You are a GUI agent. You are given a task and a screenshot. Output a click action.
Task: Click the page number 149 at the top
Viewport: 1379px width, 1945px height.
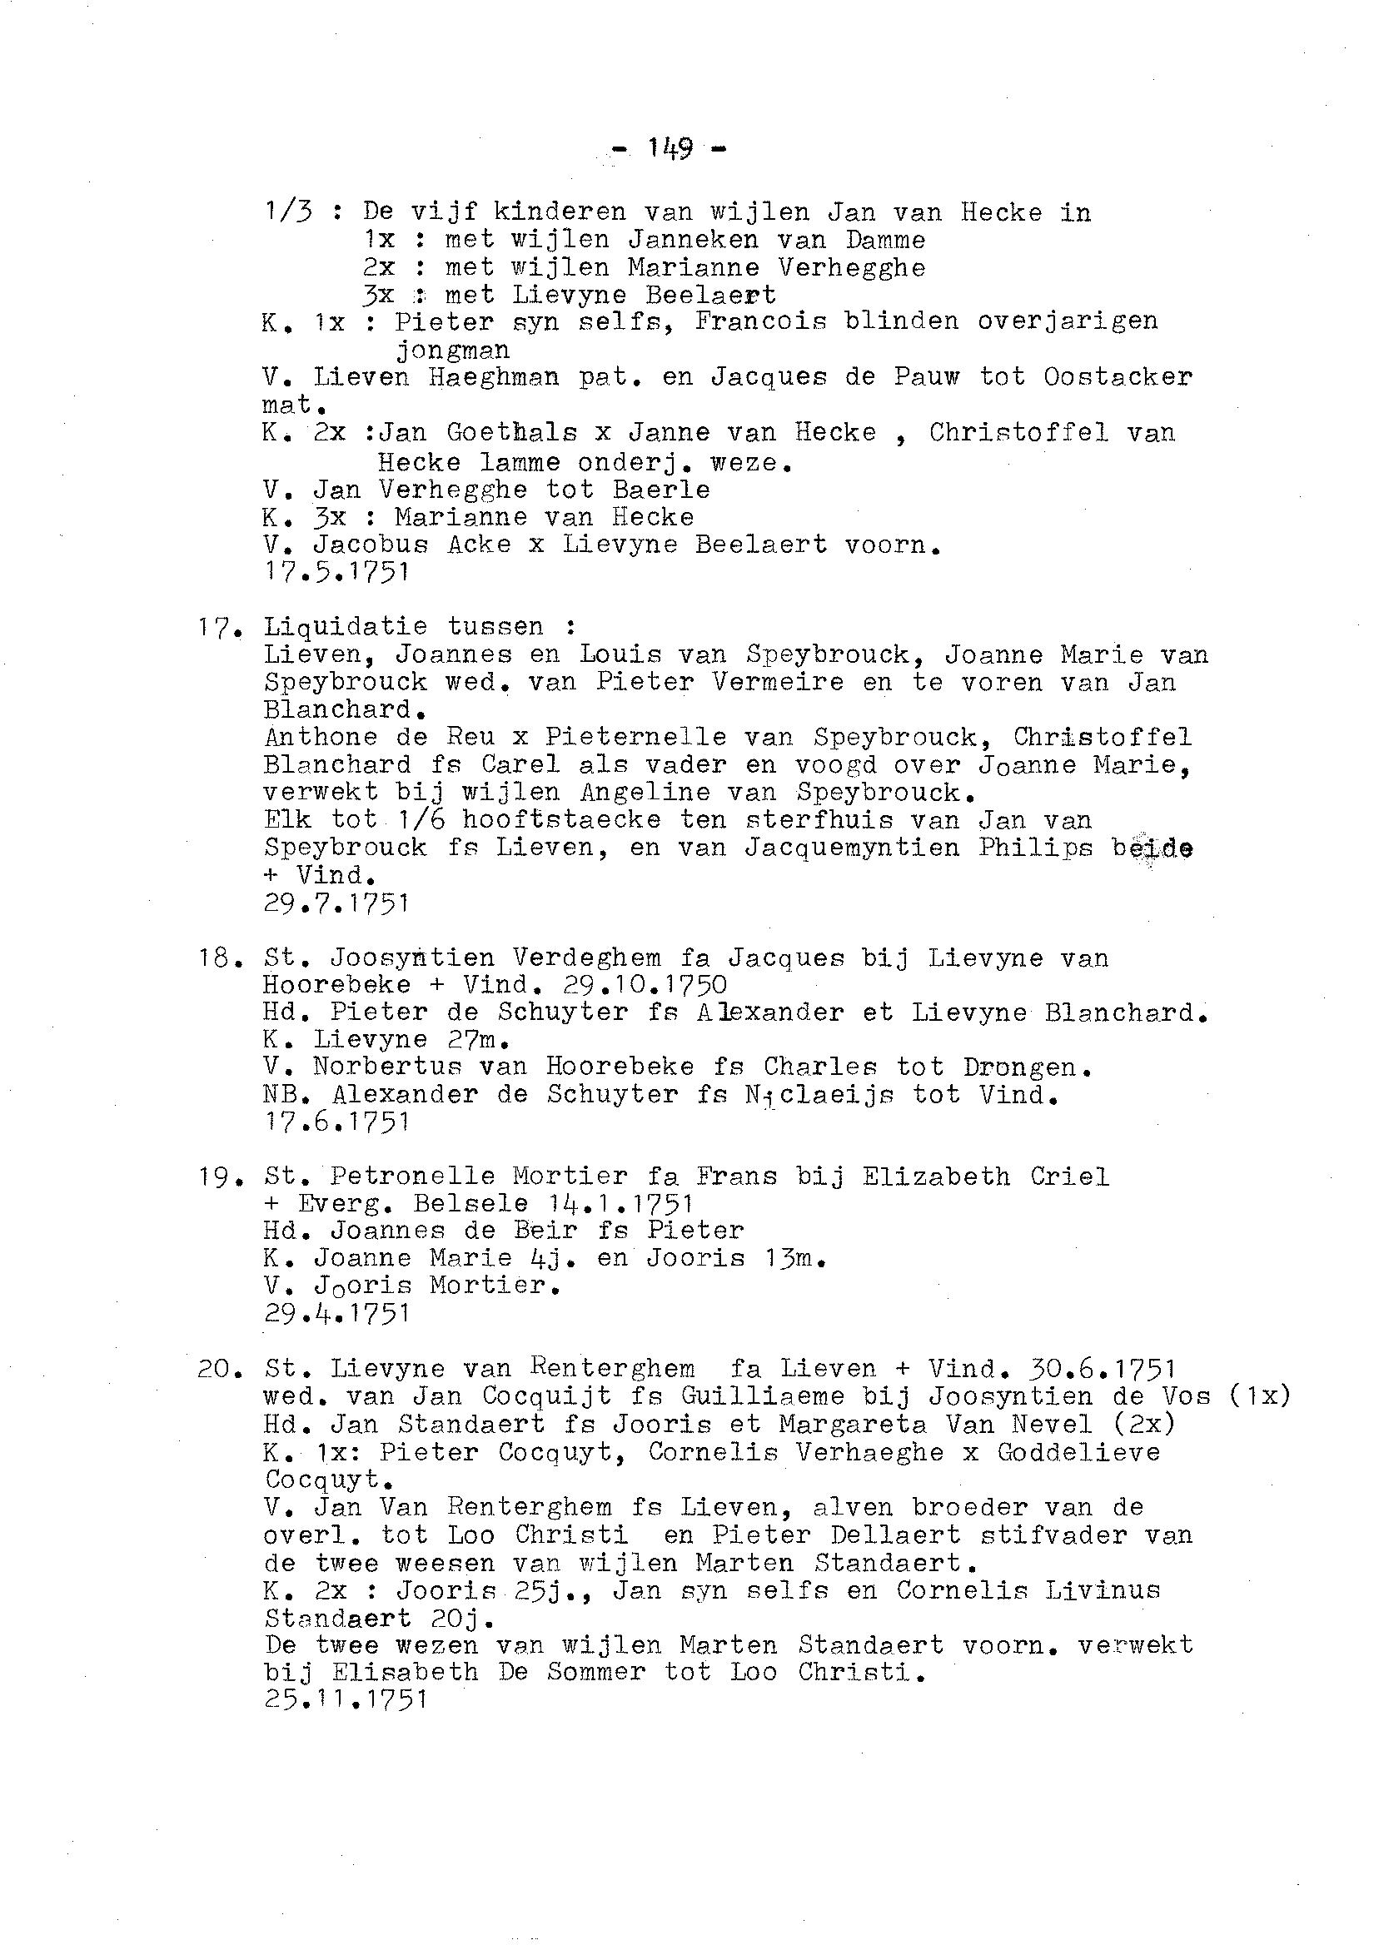[670, 149]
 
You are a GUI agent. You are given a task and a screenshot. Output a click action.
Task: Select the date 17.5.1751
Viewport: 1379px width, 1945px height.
[337, 572]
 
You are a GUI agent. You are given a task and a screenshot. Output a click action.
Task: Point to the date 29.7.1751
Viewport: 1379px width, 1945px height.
[337, 903]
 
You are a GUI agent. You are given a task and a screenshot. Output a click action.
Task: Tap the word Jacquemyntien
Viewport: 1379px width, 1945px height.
[852, 848]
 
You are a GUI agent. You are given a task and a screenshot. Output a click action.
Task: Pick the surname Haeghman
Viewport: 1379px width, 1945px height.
[493, 377]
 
